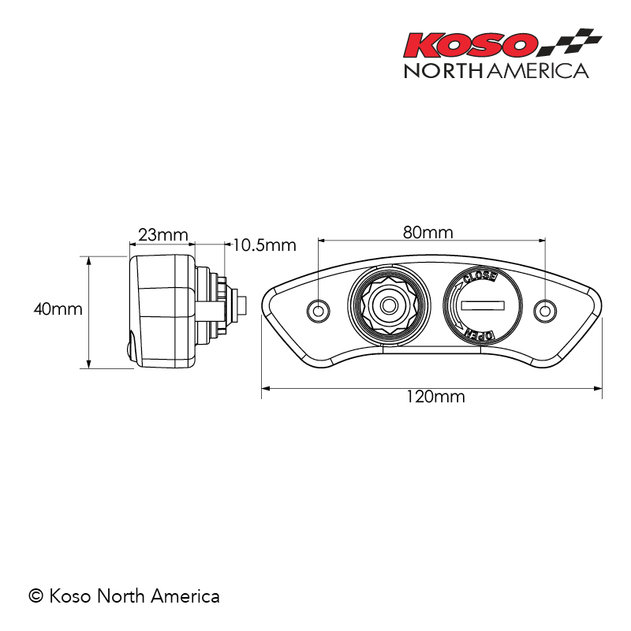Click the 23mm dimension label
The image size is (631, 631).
click(163, 235)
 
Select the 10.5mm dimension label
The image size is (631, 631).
click(264, 245)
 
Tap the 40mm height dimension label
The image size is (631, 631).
click(58, 309)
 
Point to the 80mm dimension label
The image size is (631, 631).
click(428, 233)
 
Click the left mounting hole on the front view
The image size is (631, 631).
click(319, 311)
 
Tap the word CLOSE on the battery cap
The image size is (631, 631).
click(480, 278)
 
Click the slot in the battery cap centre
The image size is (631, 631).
click(482, 304)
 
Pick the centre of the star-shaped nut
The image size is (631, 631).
click(388, 304)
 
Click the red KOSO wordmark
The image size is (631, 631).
click(471, 46)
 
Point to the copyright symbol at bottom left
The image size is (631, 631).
click(35, 596)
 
